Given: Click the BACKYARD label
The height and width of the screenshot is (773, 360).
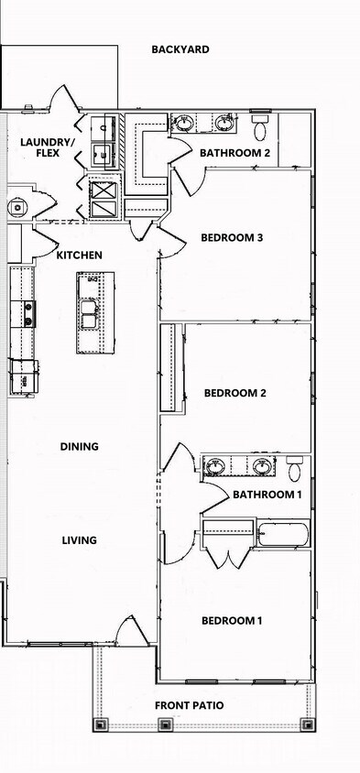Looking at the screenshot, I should click(x=180, y=49).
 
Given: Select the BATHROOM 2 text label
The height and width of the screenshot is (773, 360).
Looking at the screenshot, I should click(x=235, y=153).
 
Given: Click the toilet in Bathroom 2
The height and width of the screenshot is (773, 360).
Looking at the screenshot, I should click(x=260, y=123).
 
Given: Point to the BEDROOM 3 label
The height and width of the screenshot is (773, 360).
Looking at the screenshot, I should click(x=232, y=238).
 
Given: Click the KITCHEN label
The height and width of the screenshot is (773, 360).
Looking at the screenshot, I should click(x=80, y=256).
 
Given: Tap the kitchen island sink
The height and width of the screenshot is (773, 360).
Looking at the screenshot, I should click(x=90, y=313).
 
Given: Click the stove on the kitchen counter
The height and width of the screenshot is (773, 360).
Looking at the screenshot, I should click(x=28, y=314).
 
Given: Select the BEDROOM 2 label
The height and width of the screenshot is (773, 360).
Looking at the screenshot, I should click(x=235, y=393).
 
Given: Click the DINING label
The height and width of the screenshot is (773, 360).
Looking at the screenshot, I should click(x=80, y=447).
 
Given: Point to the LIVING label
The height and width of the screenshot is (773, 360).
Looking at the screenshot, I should click(x=80, y=540).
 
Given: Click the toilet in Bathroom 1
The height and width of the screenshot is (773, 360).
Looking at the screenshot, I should click(x=294, y=469).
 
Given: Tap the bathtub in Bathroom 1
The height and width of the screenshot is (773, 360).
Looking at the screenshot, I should click(x=282, y=533).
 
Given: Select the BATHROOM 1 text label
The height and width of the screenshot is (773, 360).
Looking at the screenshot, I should click(x=267, y=495).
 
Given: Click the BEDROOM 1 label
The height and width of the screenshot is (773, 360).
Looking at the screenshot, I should click(x=232, y=621).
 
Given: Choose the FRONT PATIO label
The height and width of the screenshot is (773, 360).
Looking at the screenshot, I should click(x=190, y=705).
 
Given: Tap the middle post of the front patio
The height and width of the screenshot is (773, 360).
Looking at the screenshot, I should click(x=165, y=724).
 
